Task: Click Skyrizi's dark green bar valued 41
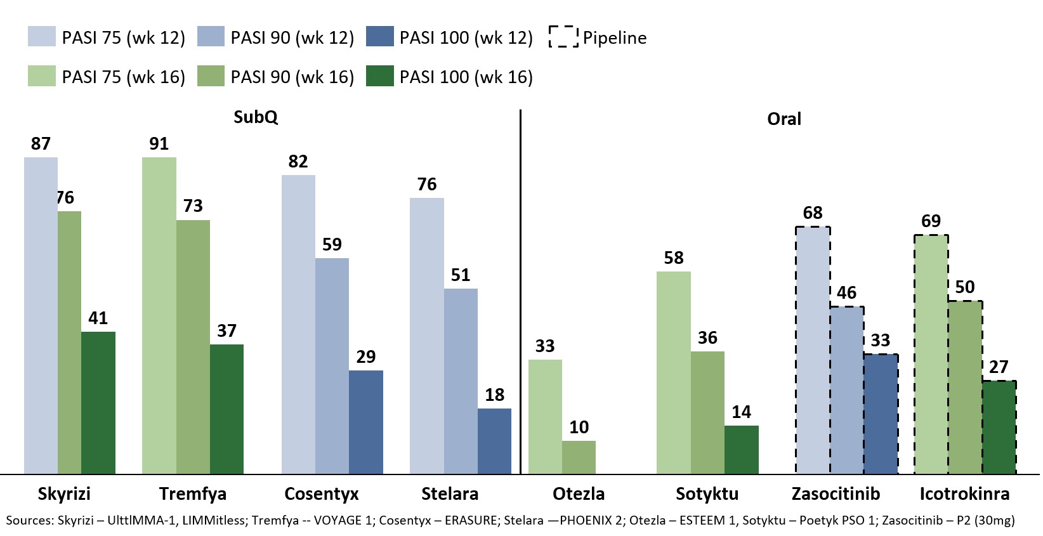coord(98,402)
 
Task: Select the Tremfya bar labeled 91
coord(159,315)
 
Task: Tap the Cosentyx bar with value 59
coord(332,365)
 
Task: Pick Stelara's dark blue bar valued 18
coord(494,441)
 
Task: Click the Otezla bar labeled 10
coord(579,457)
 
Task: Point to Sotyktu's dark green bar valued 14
coord(741,449)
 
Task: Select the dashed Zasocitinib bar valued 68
coord(813,350)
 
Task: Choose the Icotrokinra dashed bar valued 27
coord(999,427)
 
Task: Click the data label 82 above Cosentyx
coord(298,162)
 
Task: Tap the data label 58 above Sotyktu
coord(674,258)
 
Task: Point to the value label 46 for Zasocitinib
coord(846,293)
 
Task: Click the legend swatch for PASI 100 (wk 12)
coord(380,37)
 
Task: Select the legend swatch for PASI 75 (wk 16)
coord(42,76)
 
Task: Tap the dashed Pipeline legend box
coord(563,37)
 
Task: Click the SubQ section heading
coord(256,117)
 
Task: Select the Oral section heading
coord(784,119)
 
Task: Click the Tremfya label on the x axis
coord(192,494)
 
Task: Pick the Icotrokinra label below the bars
coord(964,494)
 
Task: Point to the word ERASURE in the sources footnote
coord(471,521)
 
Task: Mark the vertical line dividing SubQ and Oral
coord(520,292)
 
